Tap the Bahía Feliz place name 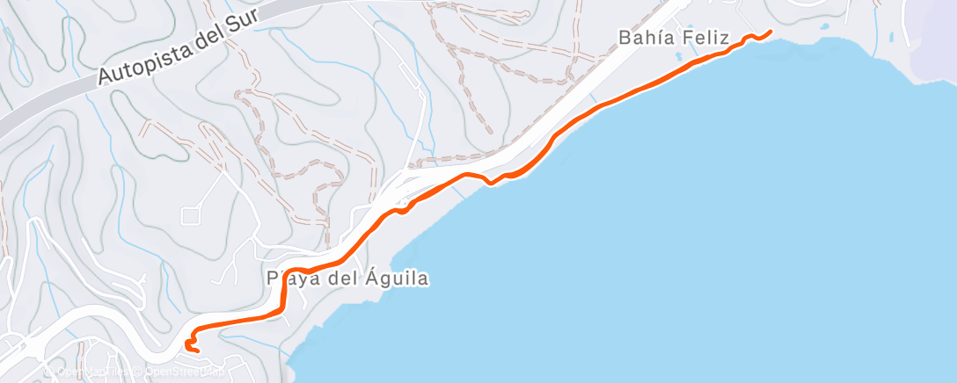[674, 39]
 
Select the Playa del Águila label [347, 279]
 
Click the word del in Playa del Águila [342, 279]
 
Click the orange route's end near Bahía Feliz [771, 32]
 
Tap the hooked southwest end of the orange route [195, 350]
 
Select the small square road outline [192, 214]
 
